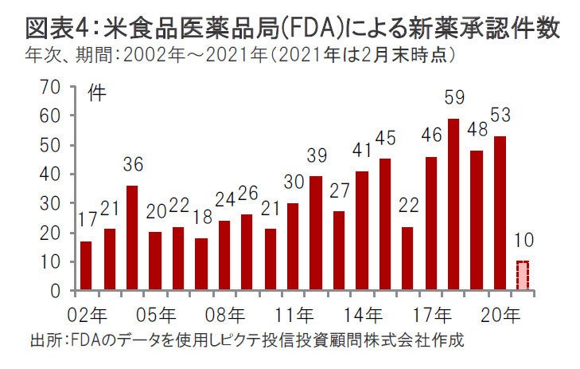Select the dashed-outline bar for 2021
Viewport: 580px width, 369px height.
click(523, 276)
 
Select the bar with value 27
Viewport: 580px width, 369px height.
click(339, 251)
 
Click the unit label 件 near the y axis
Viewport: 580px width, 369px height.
click(95, 89)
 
